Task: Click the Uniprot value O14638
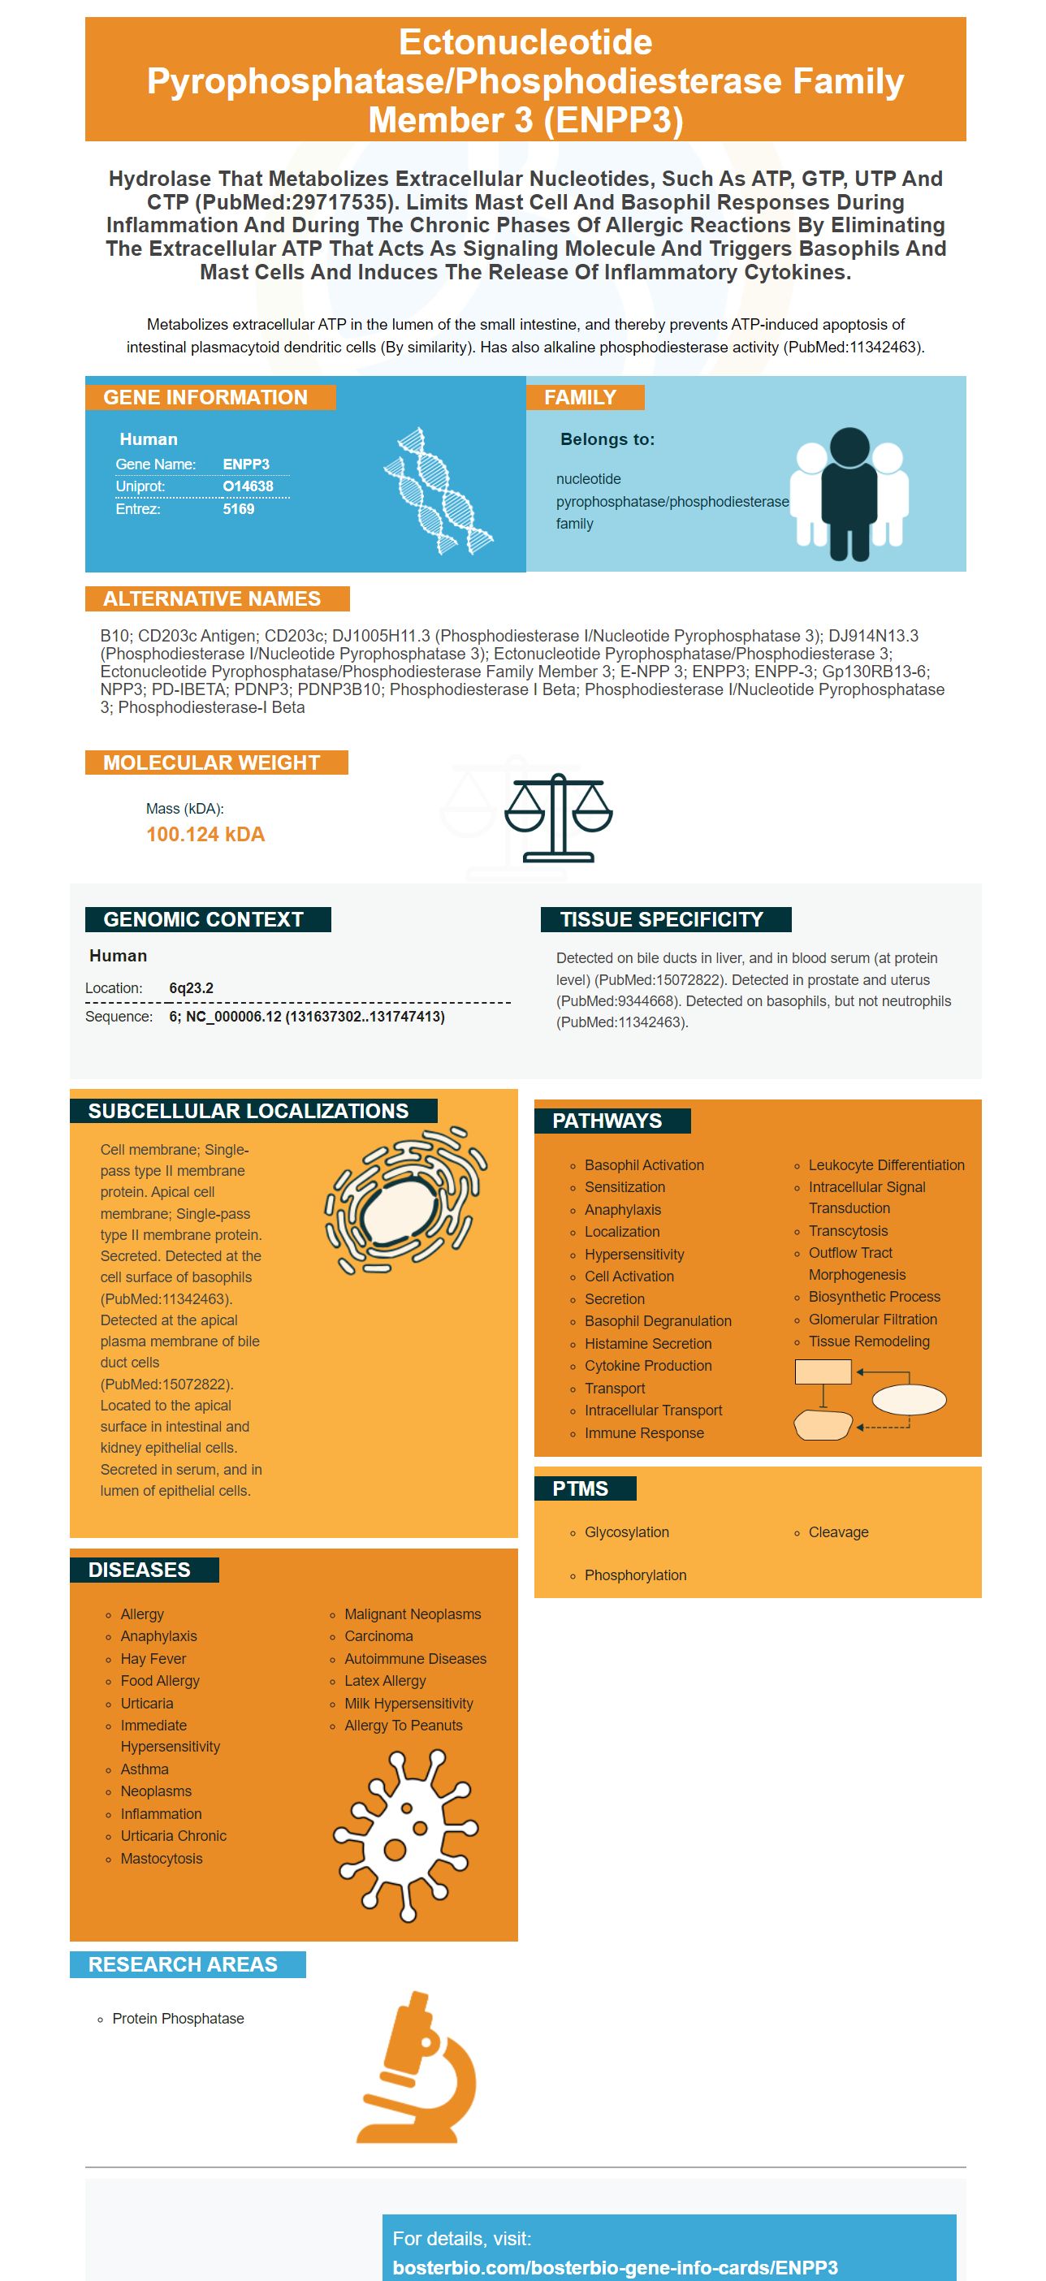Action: click(x=247, y=486)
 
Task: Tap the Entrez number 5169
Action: click(x=238, y=509)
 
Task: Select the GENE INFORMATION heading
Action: click(x=205, y=398)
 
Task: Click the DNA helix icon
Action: click(x=437, y=491)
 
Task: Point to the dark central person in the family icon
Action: click(x=849, y=492)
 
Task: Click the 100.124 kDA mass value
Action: click(x=205, y=834)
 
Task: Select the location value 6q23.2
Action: click(x=190, y=988)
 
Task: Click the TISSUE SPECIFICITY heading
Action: click(x=661, y=919)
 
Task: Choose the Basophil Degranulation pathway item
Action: click(x=657, y=1321)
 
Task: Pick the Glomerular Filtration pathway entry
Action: click(x=871, y=1320)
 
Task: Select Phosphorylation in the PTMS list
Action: click(x=635, y=1575)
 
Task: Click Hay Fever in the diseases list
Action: click(x=153, y=1658)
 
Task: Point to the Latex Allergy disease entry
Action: click(x=384, y=1681)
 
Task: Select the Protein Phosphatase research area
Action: click(x=177, y=2019)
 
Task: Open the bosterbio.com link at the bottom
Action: click(x=615, y=2268)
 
